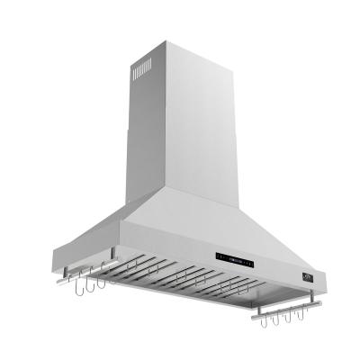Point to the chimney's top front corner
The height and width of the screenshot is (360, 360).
[x=165, y=37]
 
